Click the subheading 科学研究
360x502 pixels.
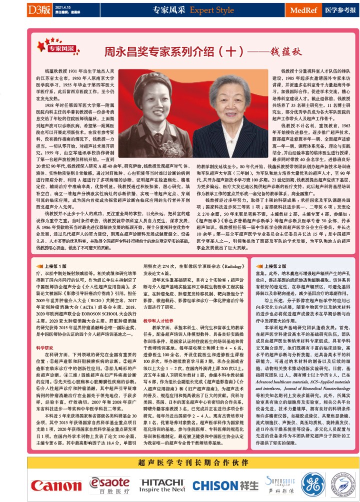(x=45, y=346)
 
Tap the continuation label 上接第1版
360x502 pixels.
(x=54, y=267)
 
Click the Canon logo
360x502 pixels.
(x=49, y=486)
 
